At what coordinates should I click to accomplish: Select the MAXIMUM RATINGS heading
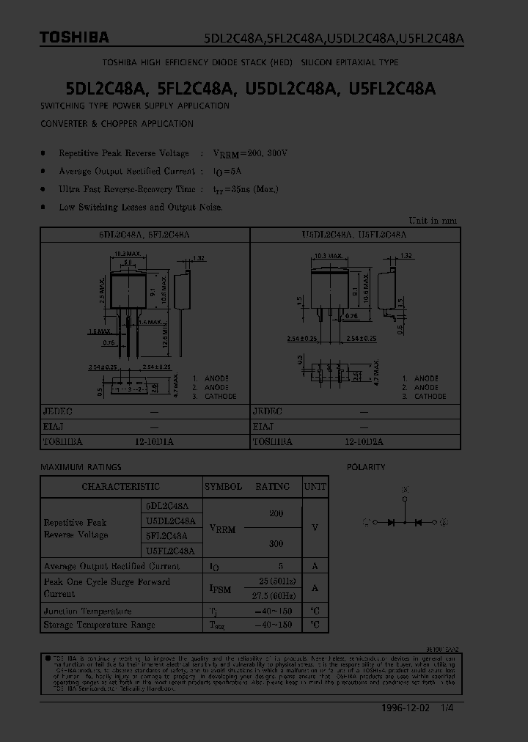click(81, 467)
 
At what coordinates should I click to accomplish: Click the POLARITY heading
click(366, 467)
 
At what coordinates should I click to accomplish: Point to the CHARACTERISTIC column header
click(120, 486)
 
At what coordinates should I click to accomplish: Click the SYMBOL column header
click(223, 486)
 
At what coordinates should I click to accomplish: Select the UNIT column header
click(315, 486)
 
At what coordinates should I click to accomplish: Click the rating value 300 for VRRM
click(276, 544)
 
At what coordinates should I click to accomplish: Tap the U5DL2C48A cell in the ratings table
click(170, 521)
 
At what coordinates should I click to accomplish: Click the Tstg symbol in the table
click(218, 625)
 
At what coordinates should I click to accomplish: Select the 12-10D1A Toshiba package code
click(155, 442)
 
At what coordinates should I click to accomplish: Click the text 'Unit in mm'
click(433, 220)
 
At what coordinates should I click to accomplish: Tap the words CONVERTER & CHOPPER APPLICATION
click(117, 123)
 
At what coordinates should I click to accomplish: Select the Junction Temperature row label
click(88, 611)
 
